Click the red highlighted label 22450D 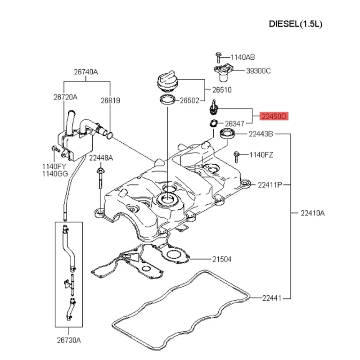click(x=274, y=117)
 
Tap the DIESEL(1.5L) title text click(x=296, y=24)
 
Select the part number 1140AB click(x=243, y=57)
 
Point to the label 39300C click(x=258, y=71)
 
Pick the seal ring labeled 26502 click(x=167, y=100)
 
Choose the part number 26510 click(x=222, y=90)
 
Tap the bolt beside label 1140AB click(x=218, y=57)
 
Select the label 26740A click(x=86, y=72)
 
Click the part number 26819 click(x=110, y=100)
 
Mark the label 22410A click(x=313, y=213)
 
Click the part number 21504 click(x=222, y=259)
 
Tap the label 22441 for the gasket click(x=272, y=298)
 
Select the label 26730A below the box click(x=69, y=340)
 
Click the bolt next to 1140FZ click(x=237, y=157)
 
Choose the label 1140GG click(x=55, y=174)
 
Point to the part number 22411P click(x=270, y=185)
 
